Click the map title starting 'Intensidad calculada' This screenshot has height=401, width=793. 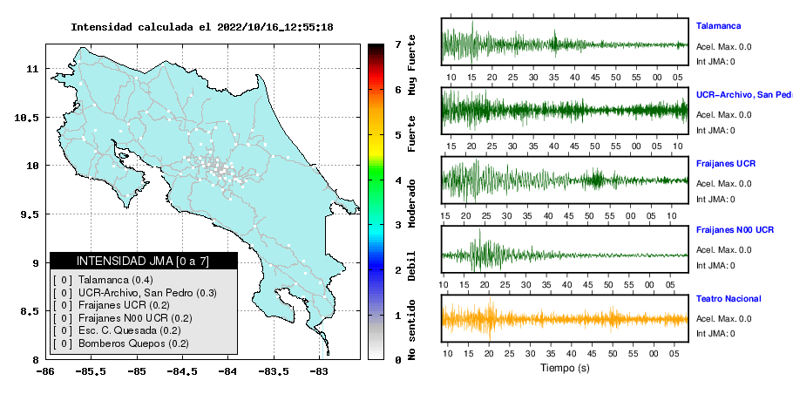click(x=202, y=27)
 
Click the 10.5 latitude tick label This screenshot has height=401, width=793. click(x=26, y=118)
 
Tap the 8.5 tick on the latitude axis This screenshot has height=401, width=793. click(x=30, y=311)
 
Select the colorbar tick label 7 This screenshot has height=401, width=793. click(x=398, y=44)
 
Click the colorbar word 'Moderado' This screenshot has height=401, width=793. click(x=411, y=203)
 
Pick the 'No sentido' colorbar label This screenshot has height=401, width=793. click(x=411, y=330)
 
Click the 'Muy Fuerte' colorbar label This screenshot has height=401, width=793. click(x=411, y=65)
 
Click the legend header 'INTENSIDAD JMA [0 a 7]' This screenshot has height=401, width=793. click(x=143, y=261)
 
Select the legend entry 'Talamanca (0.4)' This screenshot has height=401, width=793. click(x=116, y=280)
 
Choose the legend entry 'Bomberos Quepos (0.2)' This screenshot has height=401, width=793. click(x=133, y=343)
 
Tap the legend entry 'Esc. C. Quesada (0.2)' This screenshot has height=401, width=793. click(x=130, y=330)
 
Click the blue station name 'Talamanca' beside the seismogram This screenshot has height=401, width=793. click(x=719, y=26)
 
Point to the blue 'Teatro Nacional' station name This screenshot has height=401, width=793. click(x=729, y=299)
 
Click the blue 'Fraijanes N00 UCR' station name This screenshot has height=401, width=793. click(x=735, y=230)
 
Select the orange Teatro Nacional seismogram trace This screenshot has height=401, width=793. click(x=565, y=319)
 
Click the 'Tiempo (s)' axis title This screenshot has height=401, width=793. click(x=565, y=368)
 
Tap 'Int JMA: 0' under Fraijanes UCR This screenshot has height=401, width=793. click(x=715, y=200)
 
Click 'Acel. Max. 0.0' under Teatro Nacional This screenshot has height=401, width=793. click(x=723, y=318)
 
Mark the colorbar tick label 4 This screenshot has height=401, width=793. click(x=398, y=180)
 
